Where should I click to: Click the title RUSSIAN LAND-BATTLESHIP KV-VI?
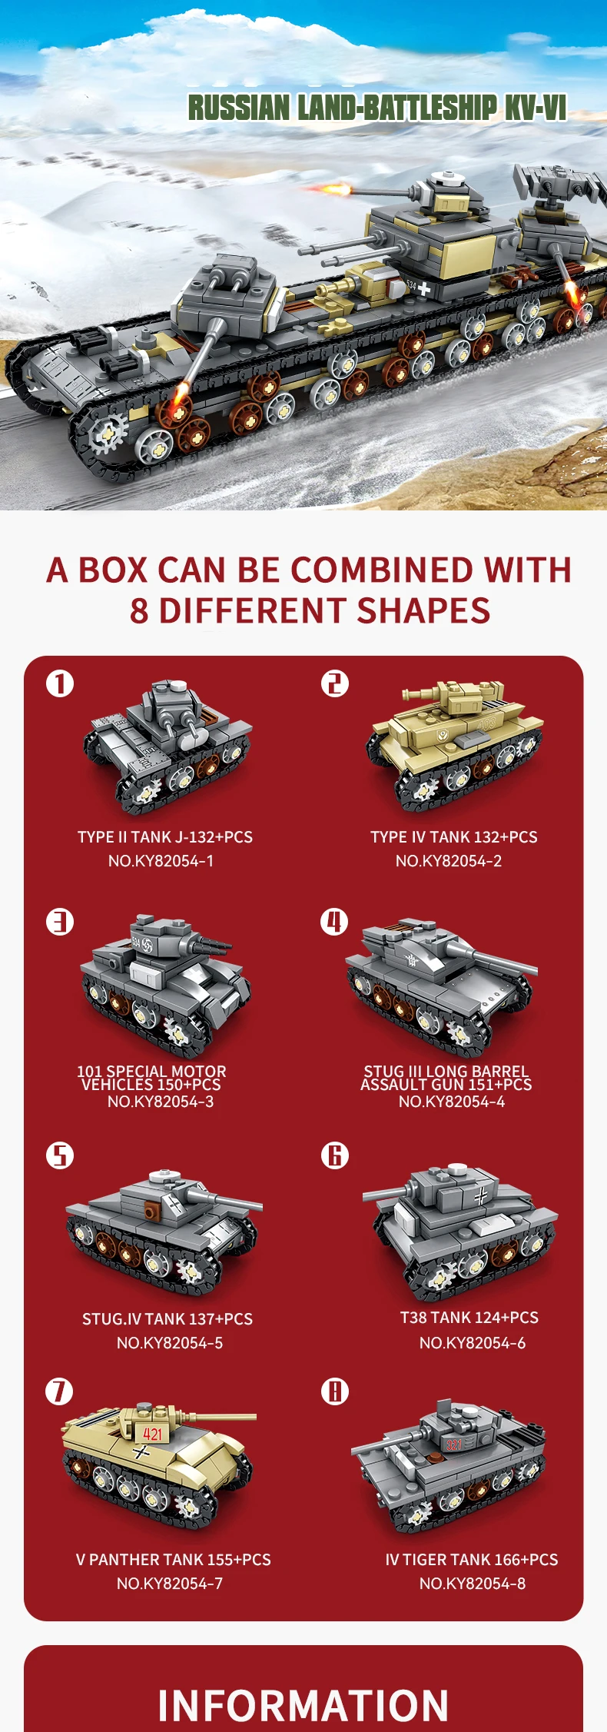tap(377, 108)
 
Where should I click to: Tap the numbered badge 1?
tap(60, 683)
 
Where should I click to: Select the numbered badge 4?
tap(334, 921)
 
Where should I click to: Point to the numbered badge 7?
tap(60, 1391)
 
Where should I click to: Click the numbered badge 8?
tap(334, 1391)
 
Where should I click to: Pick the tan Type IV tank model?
tap(455, 743)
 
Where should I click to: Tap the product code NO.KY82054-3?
tap(161, 1102)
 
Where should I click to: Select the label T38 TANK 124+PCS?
tap(469, 1317)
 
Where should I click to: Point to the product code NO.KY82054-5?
tap(170, 1342)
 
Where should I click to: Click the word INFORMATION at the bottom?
tap(303, 1705)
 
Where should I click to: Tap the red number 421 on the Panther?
tap(153, 1433)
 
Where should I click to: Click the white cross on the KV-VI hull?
tap(423, 289)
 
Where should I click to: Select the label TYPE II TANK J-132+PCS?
tap(165, 836)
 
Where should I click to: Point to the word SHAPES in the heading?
tap(423, 610)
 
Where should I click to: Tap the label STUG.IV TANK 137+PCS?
tap(168, 1318)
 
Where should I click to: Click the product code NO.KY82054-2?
tap(449, 861)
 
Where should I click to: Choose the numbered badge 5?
tap(60, 1155)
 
